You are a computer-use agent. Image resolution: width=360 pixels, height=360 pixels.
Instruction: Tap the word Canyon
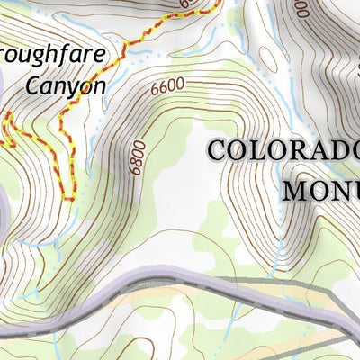pyautogui.click(x=66, y=86)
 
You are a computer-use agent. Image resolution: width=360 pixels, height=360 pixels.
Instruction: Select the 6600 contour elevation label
pyautogui.click(x=168, y=87)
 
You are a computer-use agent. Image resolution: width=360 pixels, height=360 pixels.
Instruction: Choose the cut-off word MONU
pyautogui.click(x=321, y=191)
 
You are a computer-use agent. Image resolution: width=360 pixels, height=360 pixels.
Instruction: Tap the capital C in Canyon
pyautogui.click(x=33, y=86)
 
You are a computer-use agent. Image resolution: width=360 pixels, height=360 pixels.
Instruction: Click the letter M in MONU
pyautogui.click(x=296, y=191)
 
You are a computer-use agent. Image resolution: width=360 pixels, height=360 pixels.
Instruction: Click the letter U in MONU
pyautogui.click(x=352, y=191)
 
